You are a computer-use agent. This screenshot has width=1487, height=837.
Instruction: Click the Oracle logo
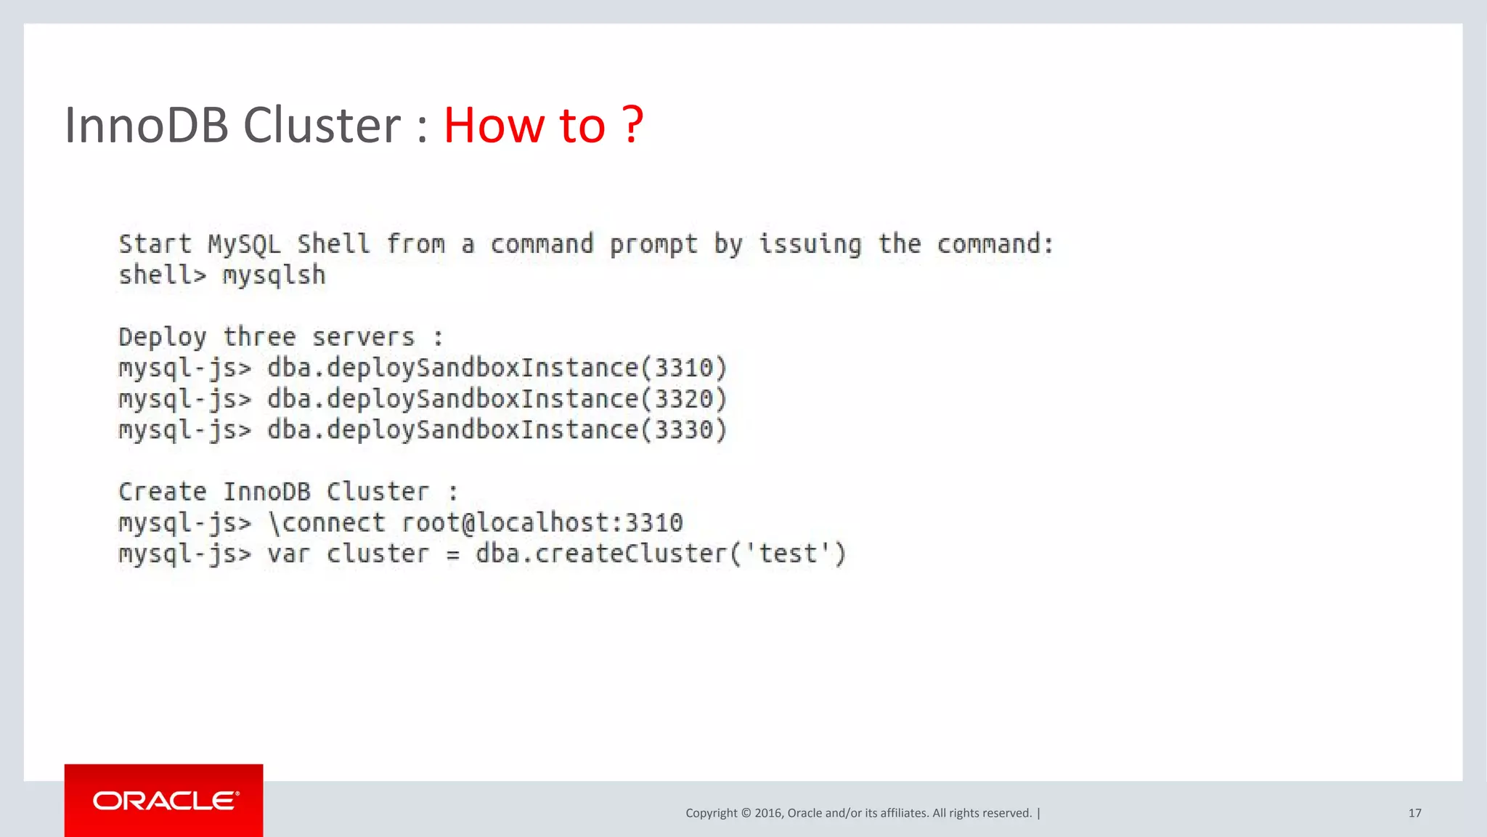(165, 801)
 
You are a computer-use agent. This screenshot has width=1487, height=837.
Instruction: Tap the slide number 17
(1414, 813)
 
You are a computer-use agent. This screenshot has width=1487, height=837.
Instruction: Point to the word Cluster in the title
(322, 125)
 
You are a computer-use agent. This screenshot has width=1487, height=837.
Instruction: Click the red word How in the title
(493, 125)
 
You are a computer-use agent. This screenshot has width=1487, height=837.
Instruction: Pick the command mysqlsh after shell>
(274, 275)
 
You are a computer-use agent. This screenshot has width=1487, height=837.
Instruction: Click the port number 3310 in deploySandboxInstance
(684, 368)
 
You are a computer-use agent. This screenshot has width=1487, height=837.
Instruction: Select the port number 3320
(684, 400)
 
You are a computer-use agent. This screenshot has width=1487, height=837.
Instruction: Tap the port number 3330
(684, 430)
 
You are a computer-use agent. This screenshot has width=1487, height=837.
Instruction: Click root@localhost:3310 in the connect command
(542, 523)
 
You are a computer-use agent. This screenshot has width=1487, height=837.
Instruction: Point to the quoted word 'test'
(787, 554)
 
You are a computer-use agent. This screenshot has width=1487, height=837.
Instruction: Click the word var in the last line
(288, 554)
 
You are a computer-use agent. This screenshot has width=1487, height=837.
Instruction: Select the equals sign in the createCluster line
(452, 556)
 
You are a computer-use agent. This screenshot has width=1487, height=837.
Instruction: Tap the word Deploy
(163, 338)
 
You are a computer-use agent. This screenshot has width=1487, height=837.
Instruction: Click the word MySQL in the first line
(244, 244)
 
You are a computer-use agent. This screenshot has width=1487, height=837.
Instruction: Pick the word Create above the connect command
(163, 492)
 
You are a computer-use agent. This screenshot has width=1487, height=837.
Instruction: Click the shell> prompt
(163, 275)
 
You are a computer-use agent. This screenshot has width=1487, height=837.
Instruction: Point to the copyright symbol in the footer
(745, 813)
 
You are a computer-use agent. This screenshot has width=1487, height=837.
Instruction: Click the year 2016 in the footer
(767, 813)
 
